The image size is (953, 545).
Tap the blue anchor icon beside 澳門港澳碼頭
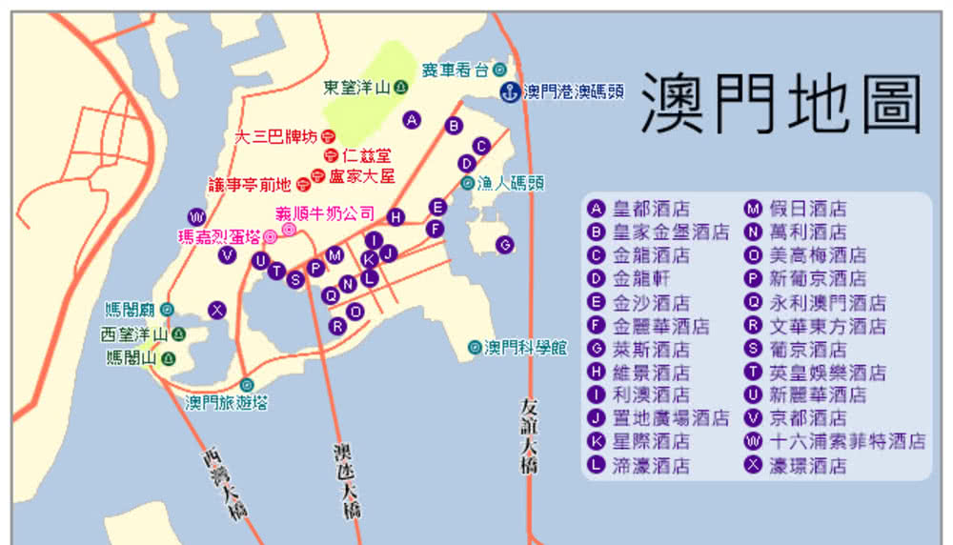511,91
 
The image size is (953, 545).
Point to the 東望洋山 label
357,88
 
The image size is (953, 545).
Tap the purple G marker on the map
505,245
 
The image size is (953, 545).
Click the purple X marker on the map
218,309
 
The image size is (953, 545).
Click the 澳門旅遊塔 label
227,402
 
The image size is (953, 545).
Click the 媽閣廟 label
131,310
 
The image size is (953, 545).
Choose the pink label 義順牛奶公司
325,213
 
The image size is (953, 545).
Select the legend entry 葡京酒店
808,349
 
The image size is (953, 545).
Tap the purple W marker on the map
196,215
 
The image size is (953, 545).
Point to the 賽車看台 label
455,70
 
